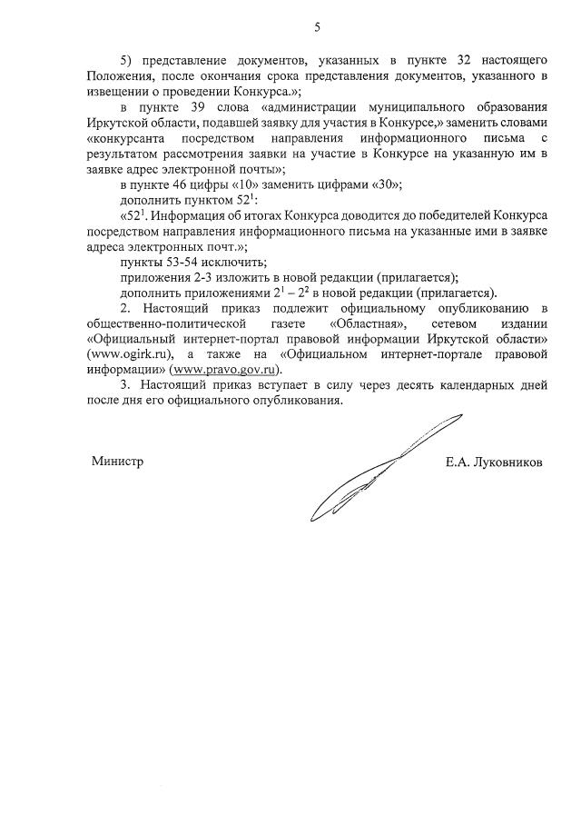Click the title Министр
coord(118,461)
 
